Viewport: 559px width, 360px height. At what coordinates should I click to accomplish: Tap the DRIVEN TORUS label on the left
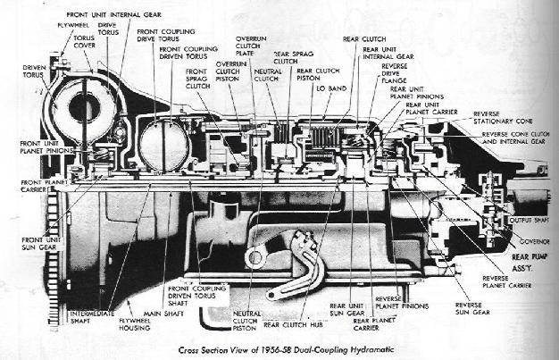35,71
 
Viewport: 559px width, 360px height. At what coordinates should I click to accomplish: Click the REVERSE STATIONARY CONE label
507,119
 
